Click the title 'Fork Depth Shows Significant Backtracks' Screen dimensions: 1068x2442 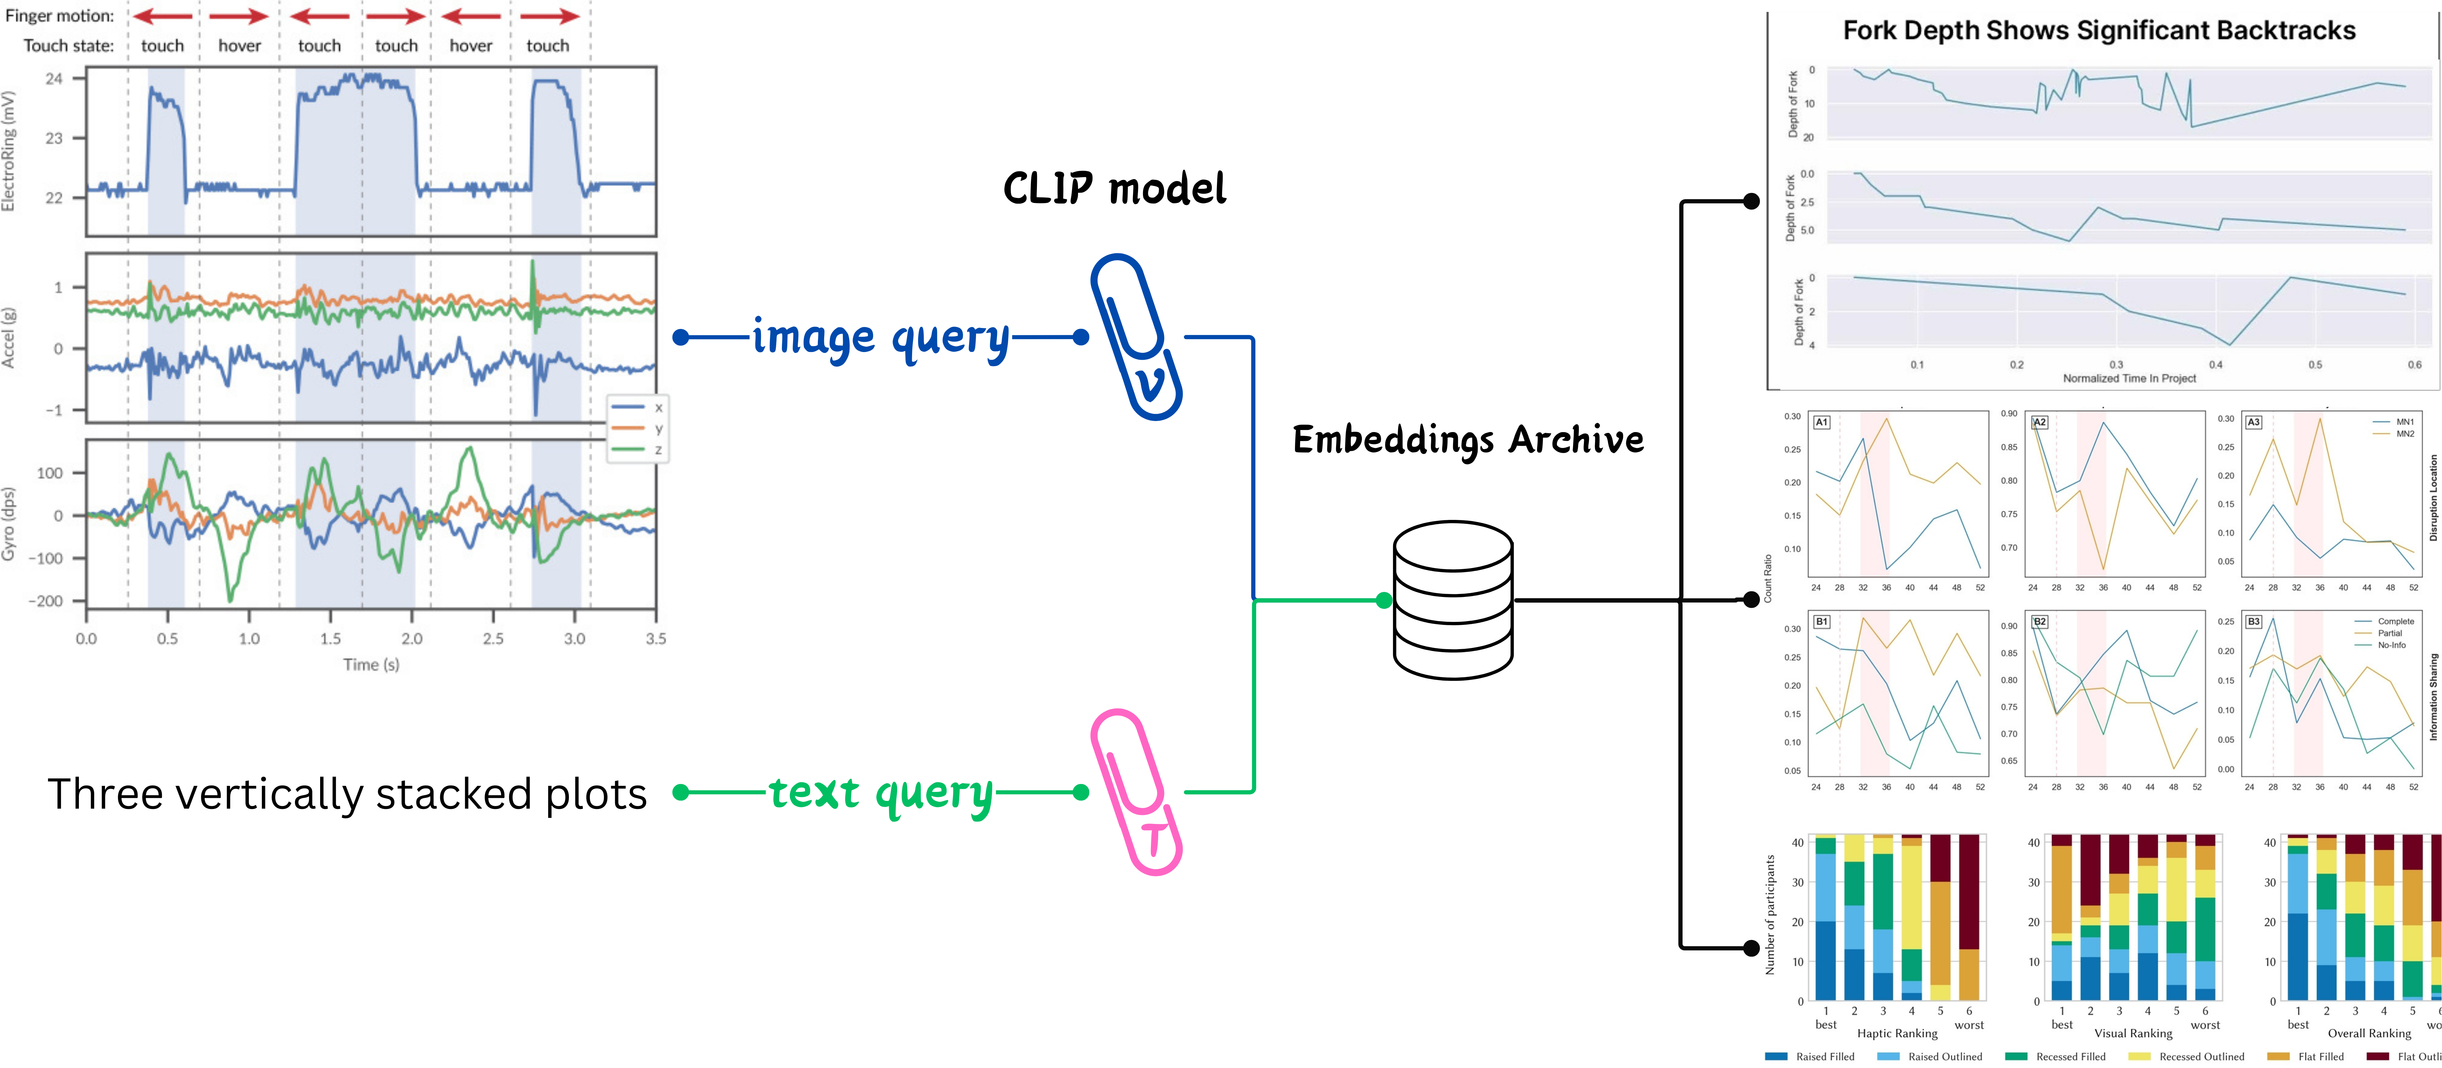[2099, 30]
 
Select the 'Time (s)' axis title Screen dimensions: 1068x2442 [371, 664]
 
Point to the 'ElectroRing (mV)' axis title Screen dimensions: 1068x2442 [8, 151]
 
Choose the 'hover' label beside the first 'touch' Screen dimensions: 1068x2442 [239, 46]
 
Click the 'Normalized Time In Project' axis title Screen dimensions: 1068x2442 [2129, 378]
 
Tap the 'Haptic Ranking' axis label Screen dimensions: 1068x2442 [1897, 1033]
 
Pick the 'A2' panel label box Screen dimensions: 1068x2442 [2039, 422]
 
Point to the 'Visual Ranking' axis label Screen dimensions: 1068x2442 [2133, 1033]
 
